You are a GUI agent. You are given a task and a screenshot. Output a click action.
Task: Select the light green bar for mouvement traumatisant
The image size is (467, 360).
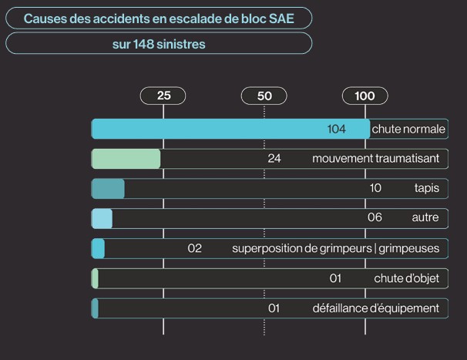pos(126,159)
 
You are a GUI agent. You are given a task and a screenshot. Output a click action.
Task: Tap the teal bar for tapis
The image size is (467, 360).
pos(108,188)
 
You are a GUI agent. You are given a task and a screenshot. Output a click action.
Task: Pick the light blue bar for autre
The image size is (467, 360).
pos(102,218)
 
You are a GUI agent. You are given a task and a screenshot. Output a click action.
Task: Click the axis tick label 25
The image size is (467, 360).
pos(163,96)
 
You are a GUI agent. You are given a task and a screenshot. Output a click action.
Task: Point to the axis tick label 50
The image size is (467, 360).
pos(264,96)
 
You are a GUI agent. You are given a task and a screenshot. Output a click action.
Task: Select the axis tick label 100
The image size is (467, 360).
pos(365,96)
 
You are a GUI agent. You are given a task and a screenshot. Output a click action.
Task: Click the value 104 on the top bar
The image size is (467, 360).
pos(337,129)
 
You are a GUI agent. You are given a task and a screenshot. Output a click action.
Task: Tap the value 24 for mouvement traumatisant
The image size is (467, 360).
pos(274,159)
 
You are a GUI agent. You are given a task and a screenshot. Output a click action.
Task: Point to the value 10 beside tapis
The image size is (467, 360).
pos(375,188)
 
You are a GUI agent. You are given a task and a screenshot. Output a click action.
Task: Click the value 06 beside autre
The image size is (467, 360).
pos(375,217)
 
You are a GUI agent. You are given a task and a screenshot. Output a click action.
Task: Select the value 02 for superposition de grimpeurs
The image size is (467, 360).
pos(194,248)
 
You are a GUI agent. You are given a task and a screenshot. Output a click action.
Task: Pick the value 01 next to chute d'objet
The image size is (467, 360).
pos(335,278)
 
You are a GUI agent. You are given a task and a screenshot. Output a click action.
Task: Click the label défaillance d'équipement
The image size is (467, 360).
pos(375,308)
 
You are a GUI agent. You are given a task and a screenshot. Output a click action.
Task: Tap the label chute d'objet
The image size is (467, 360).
pos(406,278)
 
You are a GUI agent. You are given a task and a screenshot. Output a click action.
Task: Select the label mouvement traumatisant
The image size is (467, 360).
pos(375,159)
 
